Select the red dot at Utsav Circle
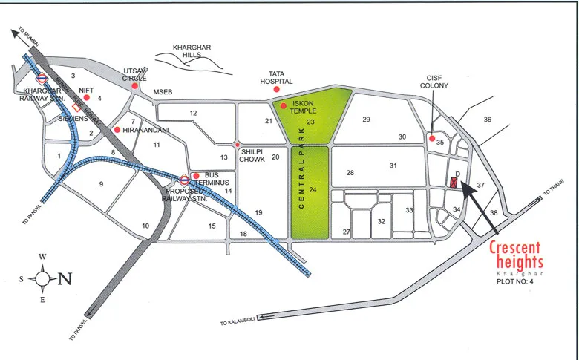point(134,86)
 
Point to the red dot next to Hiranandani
point(117,130)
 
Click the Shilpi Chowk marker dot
point(238,145)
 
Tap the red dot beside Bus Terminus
point(196,176)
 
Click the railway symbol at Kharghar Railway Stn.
point(42,77)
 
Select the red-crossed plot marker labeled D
point(454,183)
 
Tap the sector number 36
point(488,120)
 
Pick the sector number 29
point(366,120)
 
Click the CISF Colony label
point(435,81)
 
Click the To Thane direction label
point(554,190)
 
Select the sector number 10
point(145,226)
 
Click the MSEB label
point(163,91)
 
